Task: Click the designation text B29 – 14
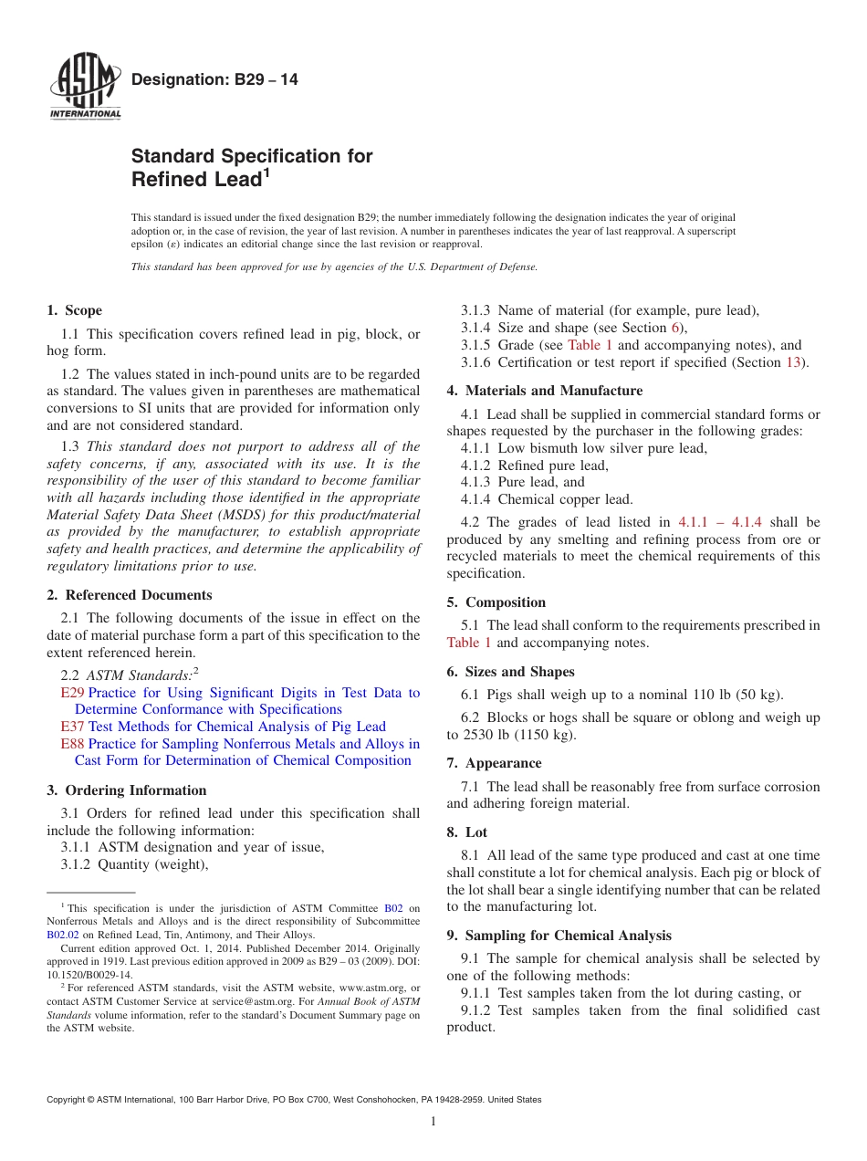pos(214,80)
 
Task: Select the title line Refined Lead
pos(200,180)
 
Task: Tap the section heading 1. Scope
pos(75,310)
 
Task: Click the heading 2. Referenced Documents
pos(130,595)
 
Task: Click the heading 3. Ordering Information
pos(127,790)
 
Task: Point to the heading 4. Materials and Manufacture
pos(545,391)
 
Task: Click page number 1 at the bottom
pos(433,1122)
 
